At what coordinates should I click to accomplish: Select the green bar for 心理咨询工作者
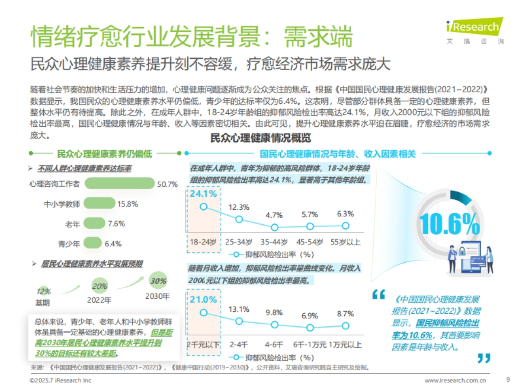119,183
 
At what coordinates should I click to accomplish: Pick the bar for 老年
94,223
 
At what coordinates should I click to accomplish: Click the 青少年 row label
69,244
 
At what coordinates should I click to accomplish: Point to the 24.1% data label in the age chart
203,194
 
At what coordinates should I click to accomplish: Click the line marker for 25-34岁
239,219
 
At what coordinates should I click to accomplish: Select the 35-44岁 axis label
274,242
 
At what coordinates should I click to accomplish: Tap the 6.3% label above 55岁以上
345,214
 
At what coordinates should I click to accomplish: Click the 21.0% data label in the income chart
203,300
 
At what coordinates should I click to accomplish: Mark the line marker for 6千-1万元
310,328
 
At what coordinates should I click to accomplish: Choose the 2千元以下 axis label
203,344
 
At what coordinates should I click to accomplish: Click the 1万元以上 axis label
345,344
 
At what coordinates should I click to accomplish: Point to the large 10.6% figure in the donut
450,223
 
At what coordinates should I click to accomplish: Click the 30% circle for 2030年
158,281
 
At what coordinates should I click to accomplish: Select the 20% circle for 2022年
99,286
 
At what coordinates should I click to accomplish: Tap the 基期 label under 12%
43,302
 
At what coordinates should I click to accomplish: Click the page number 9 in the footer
508,380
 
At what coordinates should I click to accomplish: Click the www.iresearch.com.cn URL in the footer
455,380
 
